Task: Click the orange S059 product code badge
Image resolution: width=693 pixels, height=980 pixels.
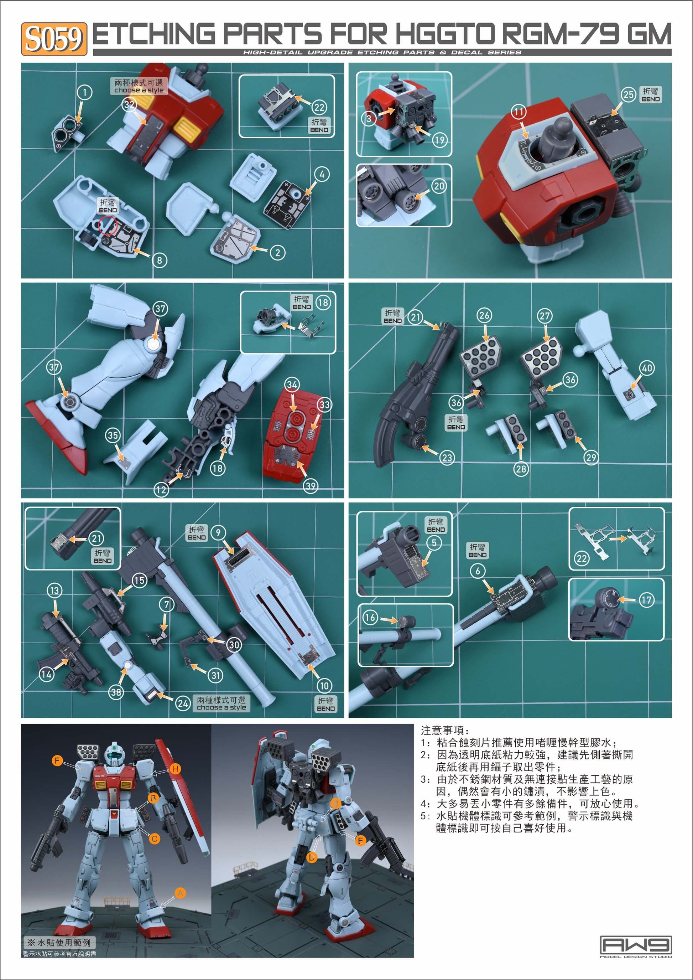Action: pos(54,39)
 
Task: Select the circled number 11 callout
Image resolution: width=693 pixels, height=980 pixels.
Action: pos(519,112)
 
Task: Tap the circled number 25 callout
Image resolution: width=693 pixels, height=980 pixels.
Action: pos(629,94)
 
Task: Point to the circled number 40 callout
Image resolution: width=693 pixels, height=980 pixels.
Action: pos(647,368)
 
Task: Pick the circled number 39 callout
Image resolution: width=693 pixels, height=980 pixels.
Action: pos(311,486)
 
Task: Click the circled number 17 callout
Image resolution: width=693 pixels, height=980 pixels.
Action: pos(646,600)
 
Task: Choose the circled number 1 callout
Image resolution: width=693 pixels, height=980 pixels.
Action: pos(84,92)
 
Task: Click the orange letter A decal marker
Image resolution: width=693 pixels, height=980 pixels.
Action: pos(181,893)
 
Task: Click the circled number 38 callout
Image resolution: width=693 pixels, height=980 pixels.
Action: pos(116,692)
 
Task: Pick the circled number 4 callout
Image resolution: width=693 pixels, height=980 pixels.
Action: pos(322,174)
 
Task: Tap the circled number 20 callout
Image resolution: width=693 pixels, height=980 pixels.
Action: pos(439,186)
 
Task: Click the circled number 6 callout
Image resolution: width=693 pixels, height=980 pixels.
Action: pos(478,571)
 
